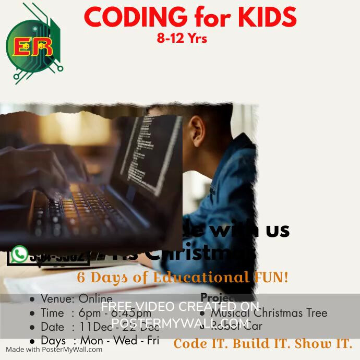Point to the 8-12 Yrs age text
pyautogui.click(x=182, y=38)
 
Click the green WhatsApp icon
pyautogui.click(x=19, y=254)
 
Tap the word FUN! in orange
pyautogui.click(x=271, y=277)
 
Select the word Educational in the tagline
pyautogui.click(x=200, y=277)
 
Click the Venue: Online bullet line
pyautogui.click(x=70, y=299)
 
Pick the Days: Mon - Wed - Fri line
pyautogui.click(x=94, y=341)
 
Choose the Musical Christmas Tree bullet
pyautogui.click(x=269, y=313)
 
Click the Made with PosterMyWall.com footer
pyautogui.click(x=54, y=350)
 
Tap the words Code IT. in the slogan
pyautogui.click(x=200, y=344)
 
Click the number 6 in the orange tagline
pyautogui.click(x=81, y=277)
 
